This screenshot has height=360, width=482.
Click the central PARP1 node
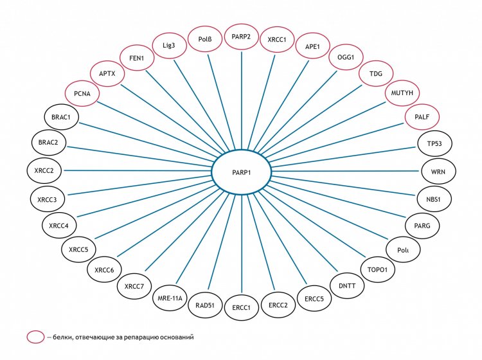(241, 171)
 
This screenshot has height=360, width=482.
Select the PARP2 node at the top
(241, 35)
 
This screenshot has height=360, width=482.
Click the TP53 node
(425, 144)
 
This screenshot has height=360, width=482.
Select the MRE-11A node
(170, 298)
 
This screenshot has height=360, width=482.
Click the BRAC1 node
(61, 118)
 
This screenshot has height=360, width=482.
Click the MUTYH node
(401, 94)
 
